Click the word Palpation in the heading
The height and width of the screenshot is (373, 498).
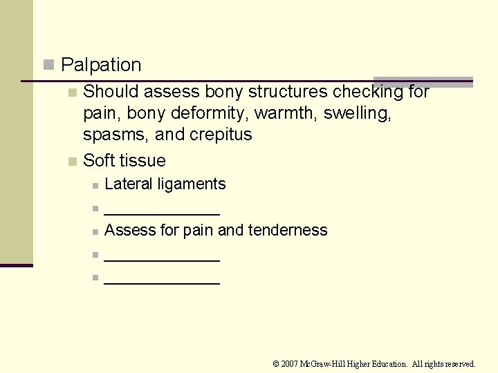click(x=101, y=65)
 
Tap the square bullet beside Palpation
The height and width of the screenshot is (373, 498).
click(x=48, y=65)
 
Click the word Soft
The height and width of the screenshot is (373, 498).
click(x=100, y=160)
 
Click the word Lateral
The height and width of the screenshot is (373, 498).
click(x=129, y=184)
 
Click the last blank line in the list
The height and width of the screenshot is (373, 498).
click(x=162, y=280)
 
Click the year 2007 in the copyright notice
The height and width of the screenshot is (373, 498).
click(x=290, y=363)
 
